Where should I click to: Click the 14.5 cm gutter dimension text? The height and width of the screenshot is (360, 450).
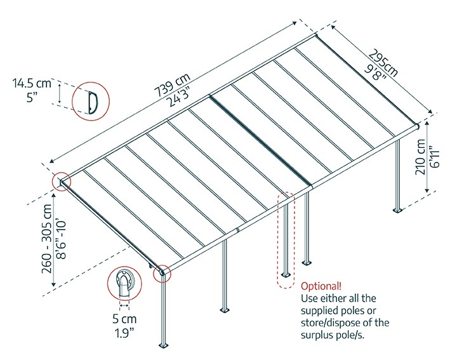[x=30, y=83]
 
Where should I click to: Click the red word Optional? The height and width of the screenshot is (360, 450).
[x=322, y=285]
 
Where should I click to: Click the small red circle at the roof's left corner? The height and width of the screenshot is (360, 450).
[x=62, y=182]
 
